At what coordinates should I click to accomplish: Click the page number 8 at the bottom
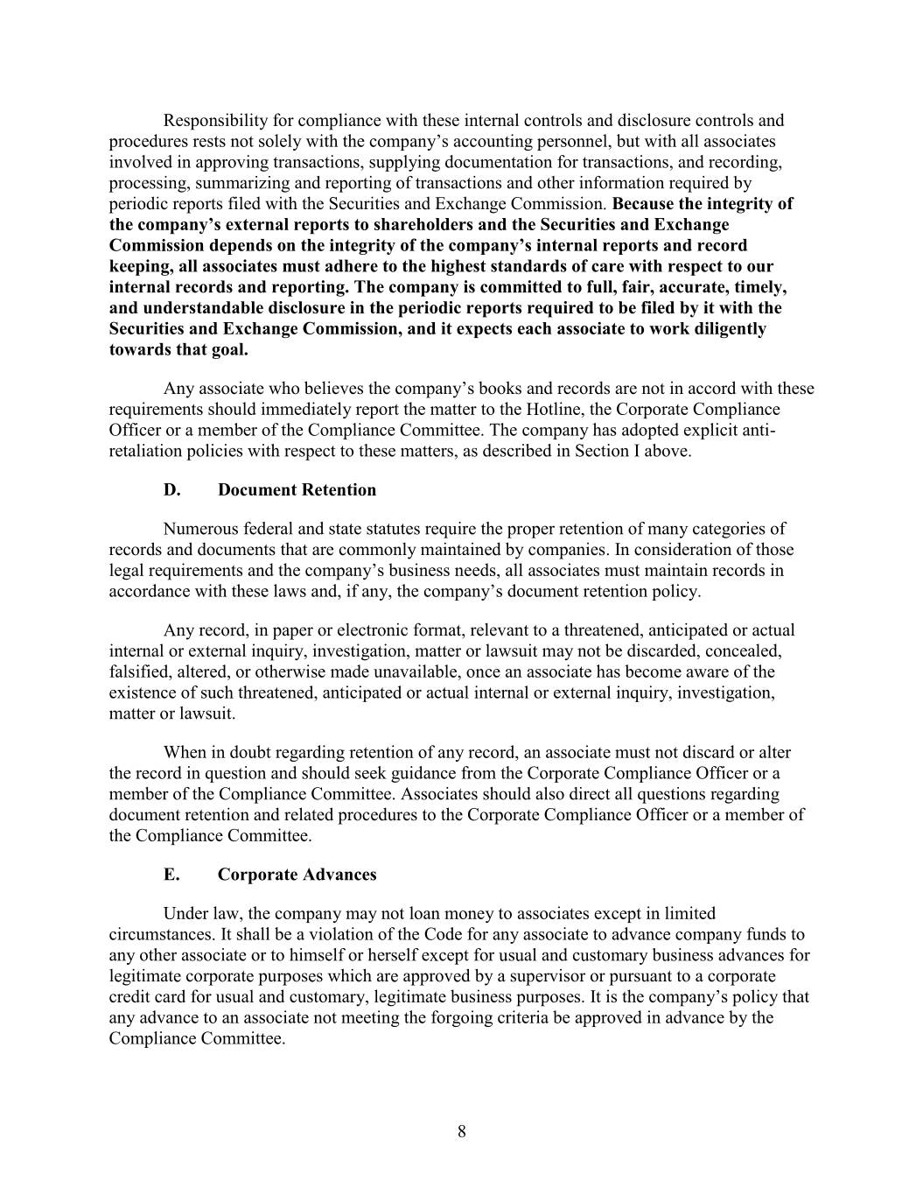point(462,1132)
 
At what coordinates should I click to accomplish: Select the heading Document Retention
point(297,490)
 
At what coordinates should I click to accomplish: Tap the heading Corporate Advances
point(297,875)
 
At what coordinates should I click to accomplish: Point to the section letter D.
point(172,490)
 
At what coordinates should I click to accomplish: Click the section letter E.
point(171,875)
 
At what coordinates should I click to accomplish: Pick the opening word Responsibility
point(218,121)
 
